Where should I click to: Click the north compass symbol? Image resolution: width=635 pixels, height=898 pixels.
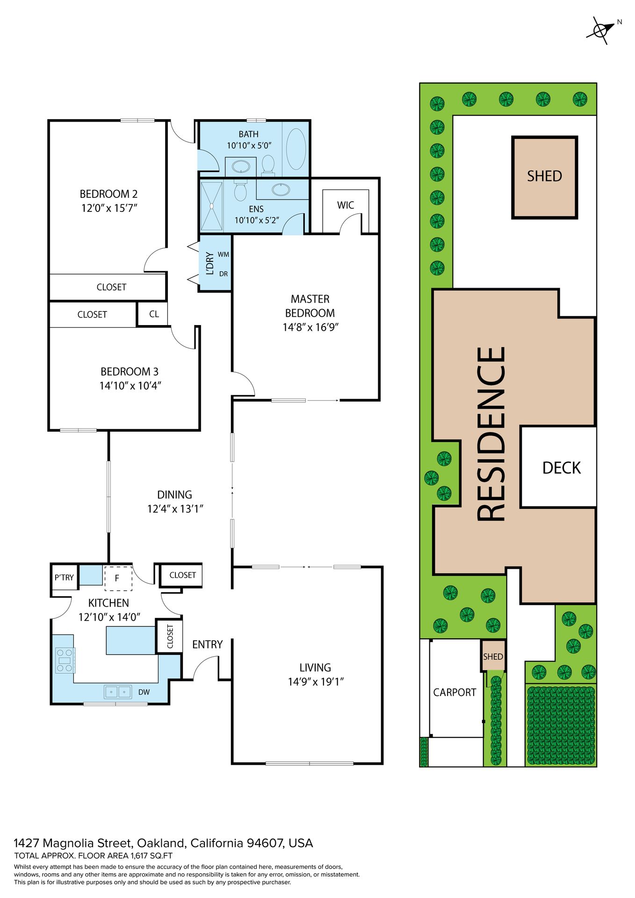600,30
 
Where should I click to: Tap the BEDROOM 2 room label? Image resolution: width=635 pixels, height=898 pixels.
108,194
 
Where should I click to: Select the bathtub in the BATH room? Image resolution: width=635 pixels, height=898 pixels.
296,149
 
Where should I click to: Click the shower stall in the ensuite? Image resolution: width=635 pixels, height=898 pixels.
211,206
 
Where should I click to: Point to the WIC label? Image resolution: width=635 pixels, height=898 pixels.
346,205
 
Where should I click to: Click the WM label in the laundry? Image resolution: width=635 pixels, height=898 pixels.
224,254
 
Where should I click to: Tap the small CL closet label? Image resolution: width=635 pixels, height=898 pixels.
154,314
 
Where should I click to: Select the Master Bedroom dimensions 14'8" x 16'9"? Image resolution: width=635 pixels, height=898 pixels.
310,327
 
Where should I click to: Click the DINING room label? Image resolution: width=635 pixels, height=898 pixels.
174,494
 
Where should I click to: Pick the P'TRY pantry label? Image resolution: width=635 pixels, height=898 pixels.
64,577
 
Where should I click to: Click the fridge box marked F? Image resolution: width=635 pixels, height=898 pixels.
117,578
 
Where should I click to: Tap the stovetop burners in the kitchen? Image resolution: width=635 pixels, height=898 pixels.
65,660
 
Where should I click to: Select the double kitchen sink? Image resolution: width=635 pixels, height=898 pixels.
117,691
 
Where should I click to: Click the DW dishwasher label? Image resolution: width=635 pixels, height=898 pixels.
144,692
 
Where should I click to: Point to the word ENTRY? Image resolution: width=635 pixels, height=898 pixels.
207,645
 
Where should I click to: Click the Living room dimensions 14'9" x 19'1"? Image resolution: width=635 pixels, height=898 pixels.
316,682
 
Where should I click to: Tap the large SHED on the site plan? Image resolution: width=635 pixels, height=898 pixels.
545,177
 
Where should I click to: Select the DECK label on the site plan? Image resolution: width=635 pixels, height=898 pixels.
561,468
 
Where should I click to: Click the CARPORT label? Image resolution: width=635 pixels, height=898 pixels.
455,692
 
